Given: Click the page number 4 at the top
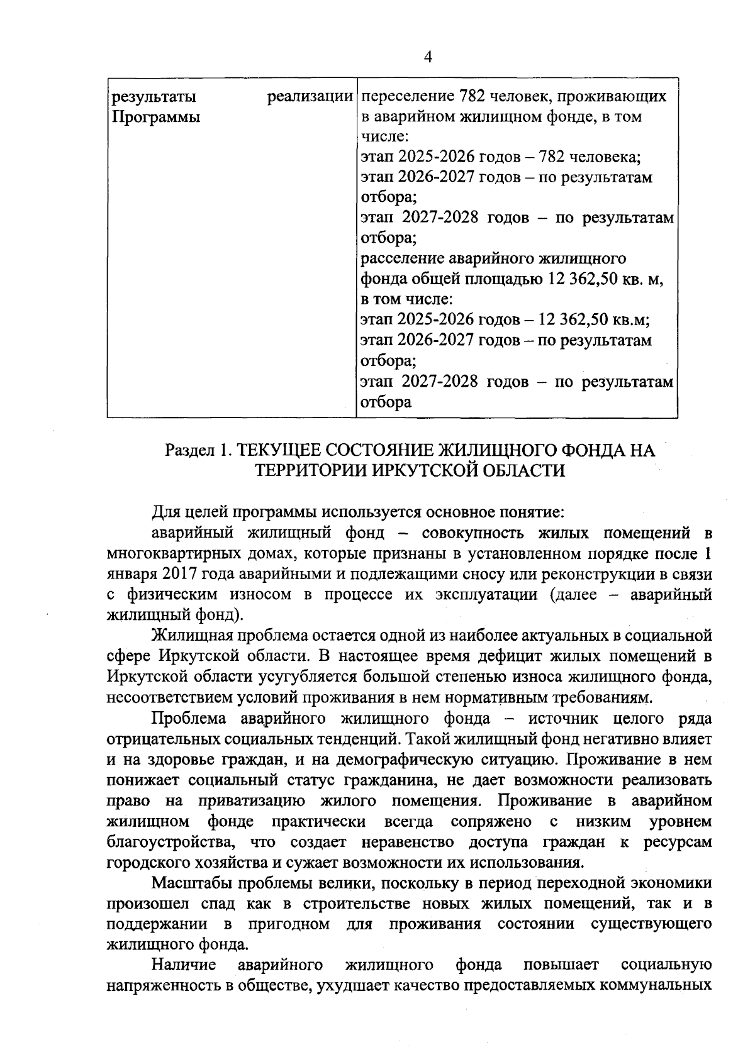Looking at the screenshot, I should point(428,57).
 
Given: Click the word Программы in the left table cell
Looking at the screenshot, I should point(155,118).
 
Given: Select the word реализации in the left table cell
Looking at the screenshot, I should point(310,97).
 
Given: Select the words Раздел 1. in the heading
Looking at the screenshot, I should point(195,450).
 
